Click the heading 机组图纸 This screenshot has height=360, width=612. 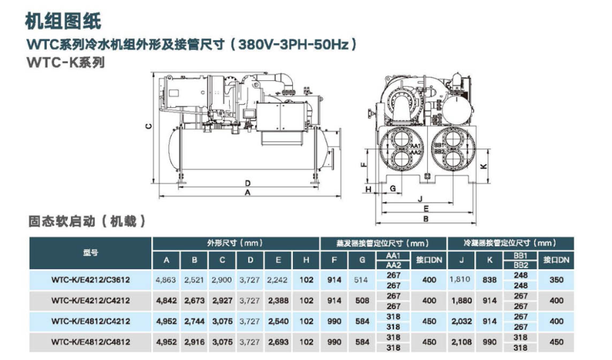tap(63, 20)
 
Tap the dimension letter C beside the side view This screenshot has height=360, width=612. tap(148, 126)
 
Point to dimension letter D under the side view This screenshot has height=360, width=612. tap(247, 183)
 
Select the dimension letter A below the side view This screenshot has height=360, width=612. tap(247, 192)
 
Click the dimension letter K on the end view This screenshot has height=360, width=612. tap(484, 166)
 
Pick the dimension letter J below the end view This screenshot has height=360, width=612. tap(421, 199)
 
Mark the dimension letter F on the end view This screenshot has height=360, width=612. tap(363, 165)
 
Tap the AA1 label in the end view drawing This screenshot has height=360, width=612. tap(415, 146)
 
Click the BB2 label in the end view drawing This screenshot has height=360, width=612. tap(439, 151)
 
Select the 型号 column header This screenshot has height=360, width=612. tap(90, 253)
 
